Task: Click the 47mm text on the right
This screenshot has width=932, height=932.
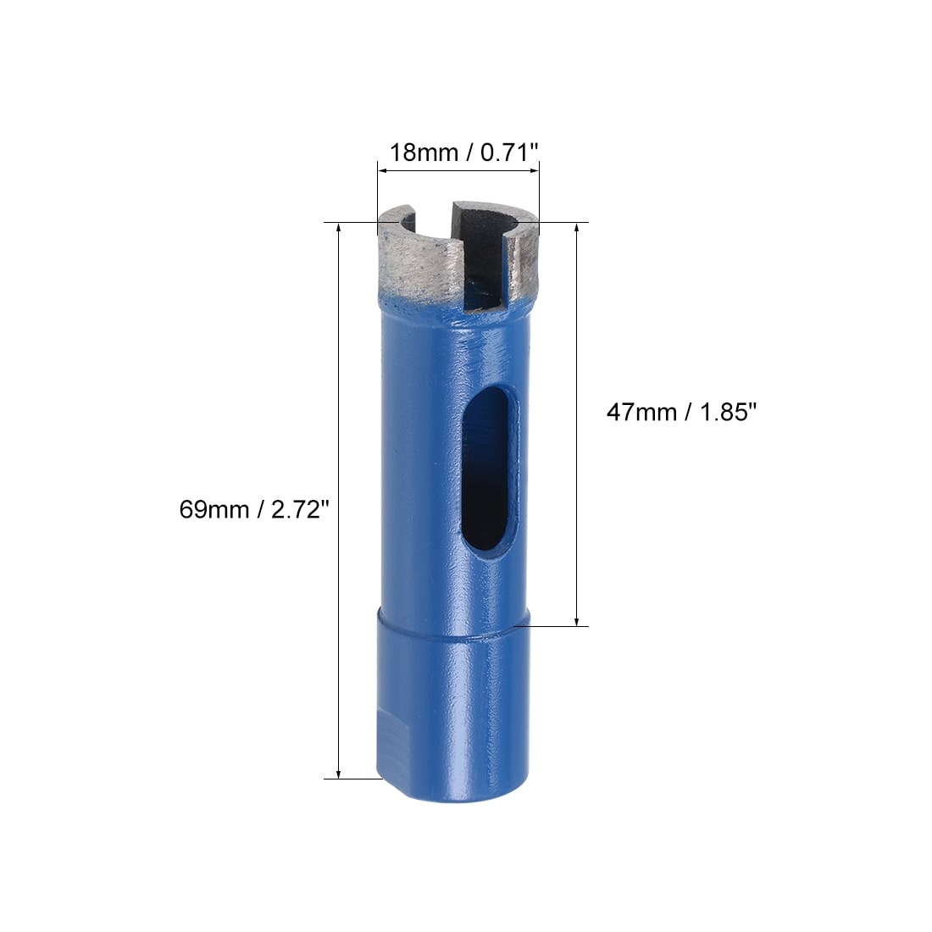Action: click(x=641, y=412)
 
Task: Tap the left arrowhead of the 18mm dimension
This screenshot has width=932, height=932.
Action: click(x=383, y=171)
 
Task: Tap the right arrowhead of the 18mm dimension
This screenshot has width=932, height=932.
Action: click(x=534, y=171)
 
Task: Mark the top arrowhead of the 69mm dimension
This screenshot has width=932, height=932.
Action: click(x=339, y=228)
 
